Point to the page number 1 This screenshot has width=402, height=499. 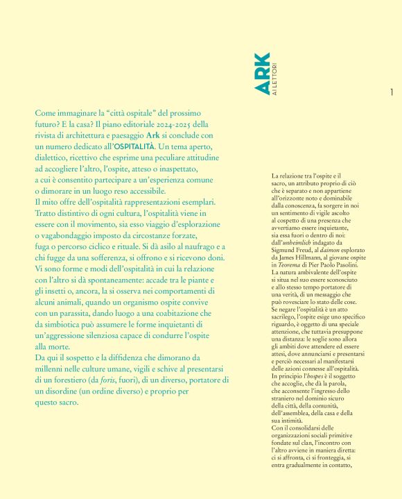392,92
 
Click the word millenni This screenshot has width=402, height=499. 53,369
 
